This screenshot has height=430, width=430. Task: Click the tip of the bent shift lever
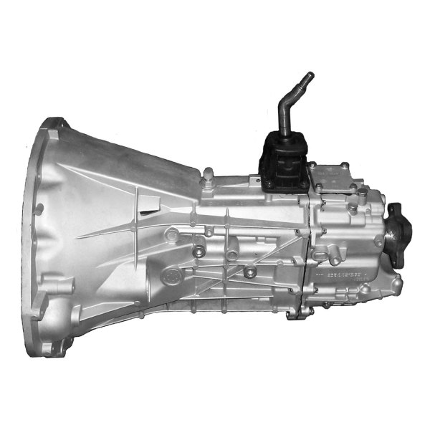310,75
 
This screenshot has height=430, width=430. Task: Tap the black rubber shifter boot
283,161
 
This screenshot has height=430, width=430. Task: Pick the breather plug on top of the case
209,175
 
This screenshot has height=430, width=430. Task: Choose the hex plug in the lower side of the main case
249,272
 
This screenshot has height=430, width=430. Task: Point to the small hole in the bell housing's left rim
39,209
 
